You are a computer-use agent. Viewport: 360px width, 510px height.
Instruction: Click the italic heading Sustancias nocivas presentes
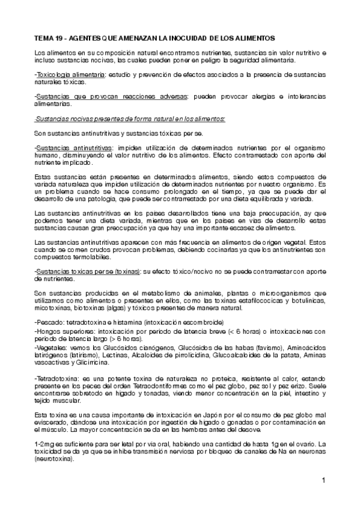pyautogui.click(x=78, y=118)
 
